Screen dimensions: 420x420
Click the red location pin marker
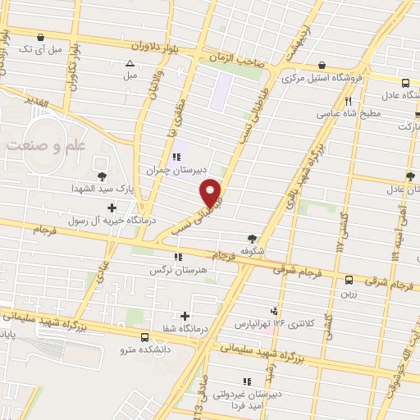tap(212, 192)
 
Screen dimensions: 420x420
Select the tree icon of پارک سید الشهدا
tap(102, 176)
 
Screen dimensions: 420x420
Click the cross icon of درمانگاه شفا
tap(185, 316)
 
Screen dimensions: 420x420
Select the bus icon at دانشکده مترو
tap(144, 337)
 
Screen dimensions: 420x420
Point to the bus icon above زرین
tap(349, 279)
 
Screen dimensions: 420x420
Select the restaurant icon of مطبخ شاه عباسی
tap(349, 101)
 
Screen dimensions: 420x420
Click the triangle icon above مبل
tap(129, 63)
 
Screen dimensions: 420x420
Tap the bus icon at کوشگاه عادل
tap(405, 82)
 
